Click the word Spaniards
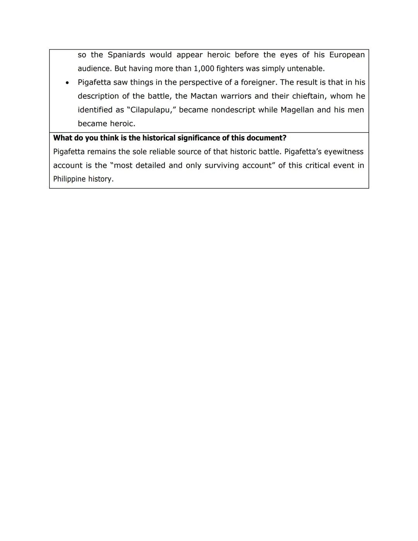126,55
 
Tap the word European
347,55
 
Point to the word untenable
305,69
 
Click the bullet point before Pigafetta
67,83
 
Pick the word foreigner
259,82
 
